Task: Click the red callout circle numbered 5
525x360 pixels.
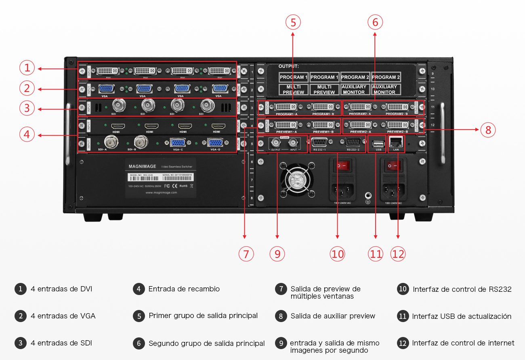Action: (293, 23)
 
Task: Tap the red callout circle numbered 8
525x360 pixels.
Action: (488, 130)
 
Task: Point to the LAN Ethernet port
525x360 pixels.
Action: (396, 142)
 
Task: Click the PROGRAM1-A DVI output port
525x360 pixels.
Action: (286, 107)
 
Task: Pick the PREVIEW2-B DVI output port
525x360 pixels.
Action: (397, 125)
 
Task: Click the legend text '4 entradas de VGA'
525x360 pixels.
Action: (63, 316)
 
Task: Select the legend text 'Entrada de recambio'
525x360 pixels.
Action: (184, 289)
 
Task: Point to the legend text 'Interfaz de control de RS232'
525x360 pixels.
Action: (462, 289)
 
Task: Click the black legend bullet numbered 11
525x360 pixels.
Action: (402, 316)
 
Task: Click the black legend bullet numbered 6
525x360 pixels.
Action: (139, 343)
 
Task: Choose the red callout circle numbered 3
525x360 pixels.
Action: (27, 108)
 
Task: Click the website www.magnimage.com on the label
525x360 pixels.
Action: (161, 193)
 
